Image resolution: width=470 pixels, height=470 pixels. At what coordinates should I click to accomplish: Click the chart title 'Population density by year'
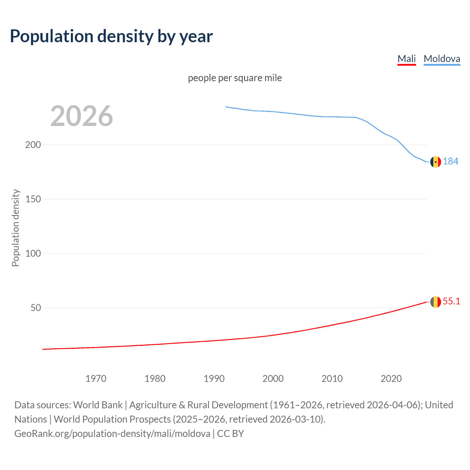click(111, 36)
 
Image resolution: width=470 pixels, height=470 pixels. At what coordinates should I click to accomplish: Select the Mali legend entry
click(406, 59)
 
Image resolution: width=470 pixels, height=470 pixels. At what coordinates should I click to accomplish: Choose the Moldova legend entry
click(442, 59)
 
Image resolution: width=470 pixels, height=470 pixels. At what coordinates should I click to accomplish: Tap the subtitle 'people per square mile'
click(235, 78)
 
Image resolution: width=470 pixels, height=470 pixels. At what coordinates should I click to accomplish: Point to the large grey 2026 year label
click(82, 116)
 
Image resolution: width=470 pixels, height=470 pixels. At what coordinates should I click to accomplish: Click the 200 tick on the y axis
click(33, 145)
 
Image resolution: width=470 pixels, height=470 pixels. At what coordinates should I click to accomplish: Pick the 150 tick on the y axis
click(33, 199)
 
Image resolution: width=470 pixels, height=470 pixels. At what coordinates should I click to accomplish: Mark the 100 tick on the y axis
click(33, 253)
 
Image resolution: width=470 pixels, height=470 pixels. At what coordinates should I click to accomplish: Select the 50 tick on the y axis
click(36, 308)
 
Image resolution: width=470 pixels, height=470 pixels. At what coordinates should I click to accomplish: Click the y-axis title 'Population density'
click(15, 228)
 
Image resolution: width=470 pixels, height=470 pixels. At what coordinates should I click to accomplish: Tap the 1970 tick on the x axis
click(96, 379)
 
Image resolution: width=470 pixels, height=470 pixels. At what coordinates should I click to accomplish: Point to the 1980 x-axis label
click(155, 379)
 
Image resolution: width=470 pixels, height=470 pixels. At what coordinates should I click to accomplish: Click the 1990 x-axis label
click(214, 379)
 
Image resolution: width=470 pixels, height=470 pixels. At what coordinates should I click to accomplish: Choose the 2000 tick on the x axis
click(273, 379)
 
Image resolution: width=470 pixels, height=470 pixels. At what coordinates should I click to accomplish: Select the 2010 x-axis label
click(332, 379)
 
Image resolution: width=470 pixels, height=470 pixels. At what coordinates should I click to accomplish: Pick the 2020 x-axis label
click(391, 379)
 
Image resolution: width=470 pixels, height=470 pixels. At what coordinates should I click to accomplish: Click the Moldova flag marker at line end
click(435, 162)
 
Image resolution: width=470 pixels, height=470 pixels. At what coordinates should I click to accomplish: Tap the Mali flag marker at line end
click(435, 302)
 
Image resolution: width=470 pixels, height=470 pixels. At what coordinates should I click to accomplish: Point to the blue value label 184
click(451, 161)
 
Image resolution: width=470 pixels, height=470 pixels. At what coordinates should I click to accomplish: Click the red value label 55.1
click(451, 301)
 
